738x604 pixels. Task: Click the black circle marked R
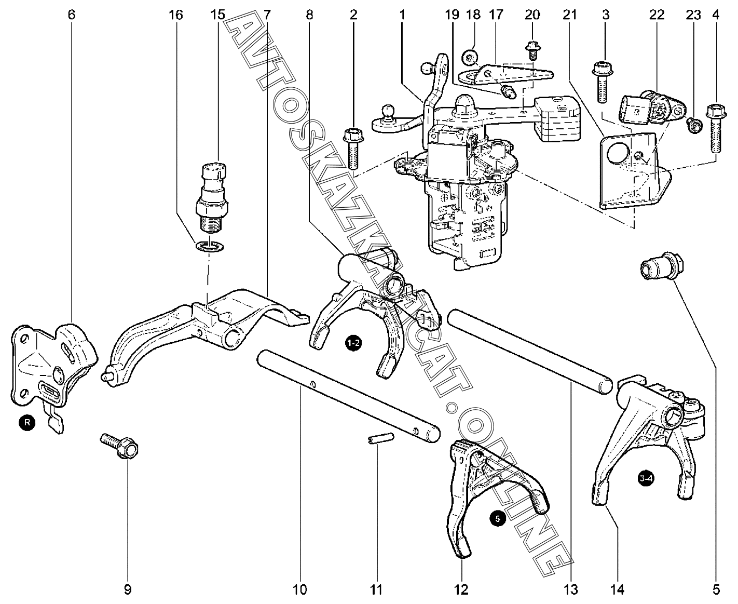pyautogui.click(x=27, y=423)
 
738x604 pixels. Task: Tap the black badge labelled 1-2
pyautogui.click(x=353, y=343)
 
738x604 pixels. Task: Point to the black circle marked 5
pyautogui.click(x=497, y=518)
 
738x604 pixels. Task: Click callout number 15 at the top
pyautogui.click(x=218, y=15)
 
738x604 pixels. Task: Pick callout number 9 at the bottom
pyautogui.click(x=128, y=589)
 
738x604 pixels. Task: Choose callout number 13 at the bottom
pyautogui.click(x=570, y=589)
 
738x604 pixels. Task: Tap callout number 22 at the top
pyautogui.click(x=657, y=15)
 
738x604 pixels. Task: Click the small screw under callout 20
pyautogui.click(x=532, y=51)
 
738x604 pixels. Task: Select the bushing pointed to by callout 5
pyautogui.click(x=660, y=265)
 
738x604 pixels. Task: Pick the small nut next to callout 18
pyautogui.click(x=471, y=56)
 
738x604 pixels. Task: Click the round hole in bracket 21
pyautogui.click(x=615, y=154)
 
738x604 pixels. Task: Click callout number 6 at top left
pyautogui.click(x=72, y=15)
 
